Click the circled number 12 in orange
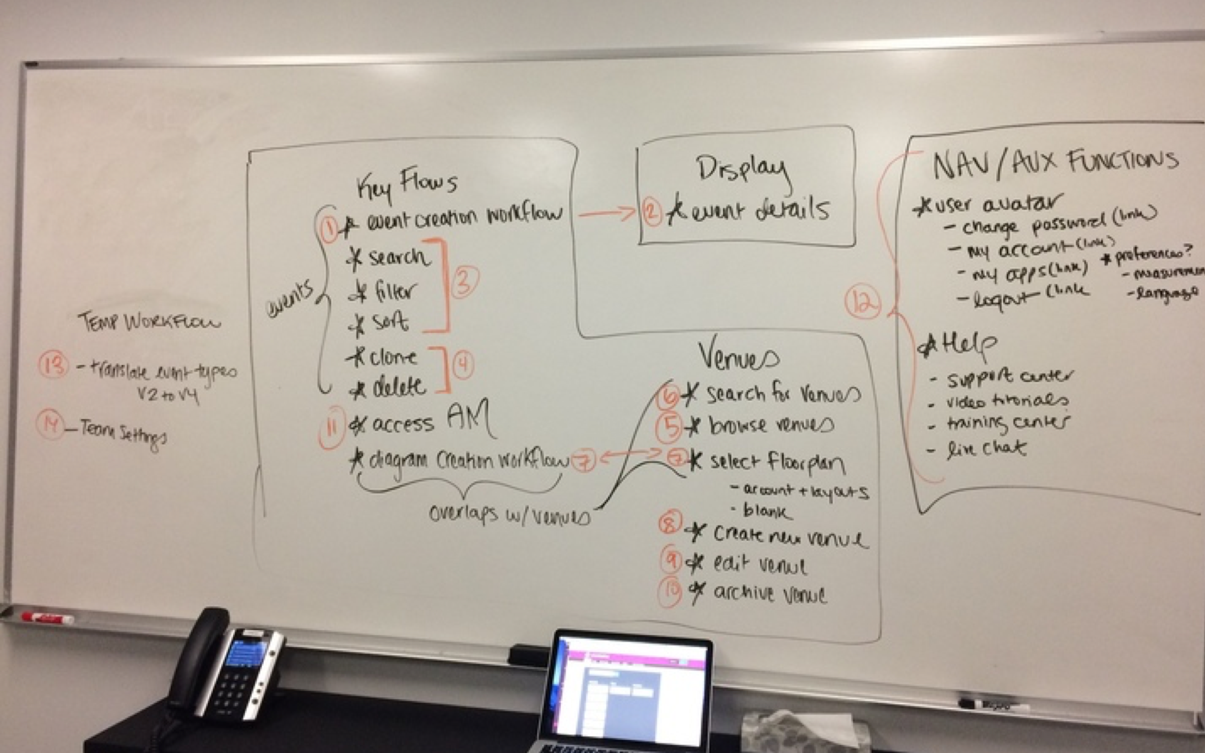click(x=863, y=303)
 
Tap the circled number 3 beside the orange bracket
click(x=464, y=282)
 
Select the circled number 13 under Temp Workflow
click(x=53, y=365)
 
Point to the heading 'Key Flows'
click(x=407, y=184)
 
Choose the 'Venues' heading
click(x=738, y=356)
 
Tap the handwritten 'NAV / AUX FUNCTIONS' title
click(x=1054, y=163)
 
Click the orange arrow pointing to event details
click(x=607, y=214)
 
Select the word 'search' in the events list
click(x=399, y=258)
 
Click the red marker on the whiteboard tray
click(x=48, y=617)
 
